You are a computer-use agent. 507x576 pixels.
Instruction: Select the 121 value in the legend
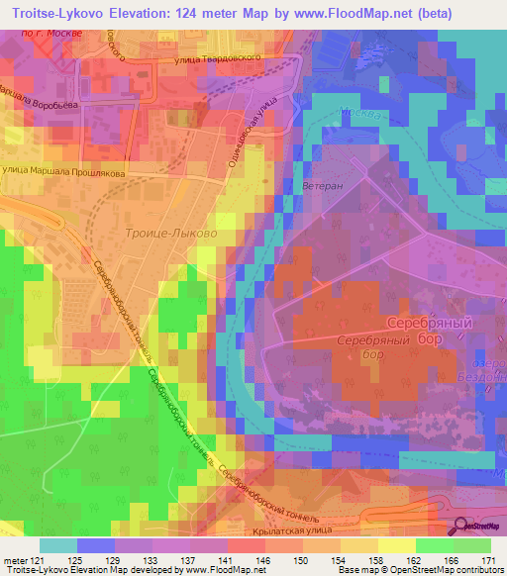37,559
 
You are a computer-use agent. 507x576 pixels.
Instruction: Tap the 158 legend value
377,559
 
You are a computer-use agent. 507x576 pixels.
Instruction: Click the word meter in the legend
13,559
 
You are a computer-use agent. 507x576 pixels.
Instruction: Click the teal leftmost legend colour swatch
58,545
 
